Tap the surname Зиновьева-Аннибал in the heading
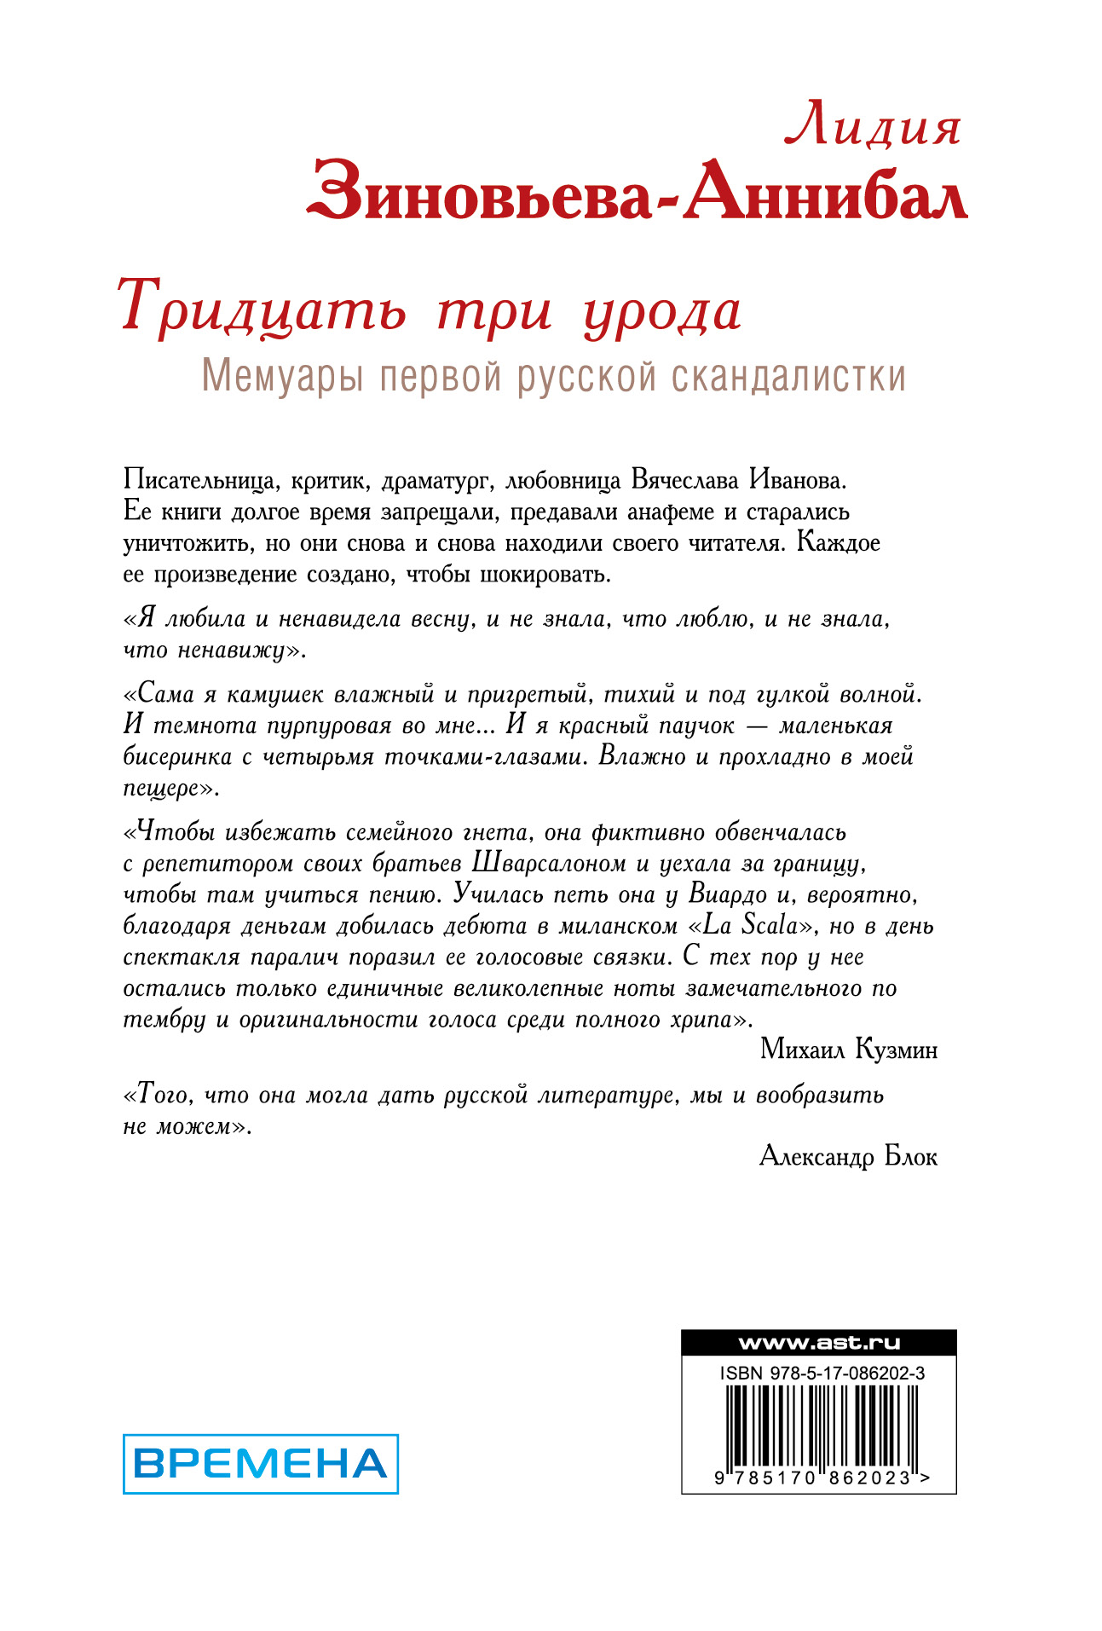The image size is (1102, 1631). [x=638, y=192]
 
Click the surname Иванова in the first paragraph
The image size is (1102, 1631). [x=798, y=479]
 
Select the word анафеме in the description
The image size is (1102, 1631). [x=682, y=512]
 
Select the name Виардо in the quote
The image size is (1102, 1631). [x=727, y=894]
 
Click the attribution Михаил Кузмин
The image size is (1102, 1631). [x=849, y=1050]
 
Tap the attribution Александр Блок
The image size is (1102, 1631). [x=848, y=1157]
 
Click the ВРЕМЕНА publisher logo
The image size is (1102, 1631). [x=261, y=1464]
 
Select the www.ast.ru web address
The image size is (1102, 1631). [x=818, y=1343]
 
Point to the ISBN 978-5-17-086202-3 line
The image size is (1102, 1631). [x=822, y=1374]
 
